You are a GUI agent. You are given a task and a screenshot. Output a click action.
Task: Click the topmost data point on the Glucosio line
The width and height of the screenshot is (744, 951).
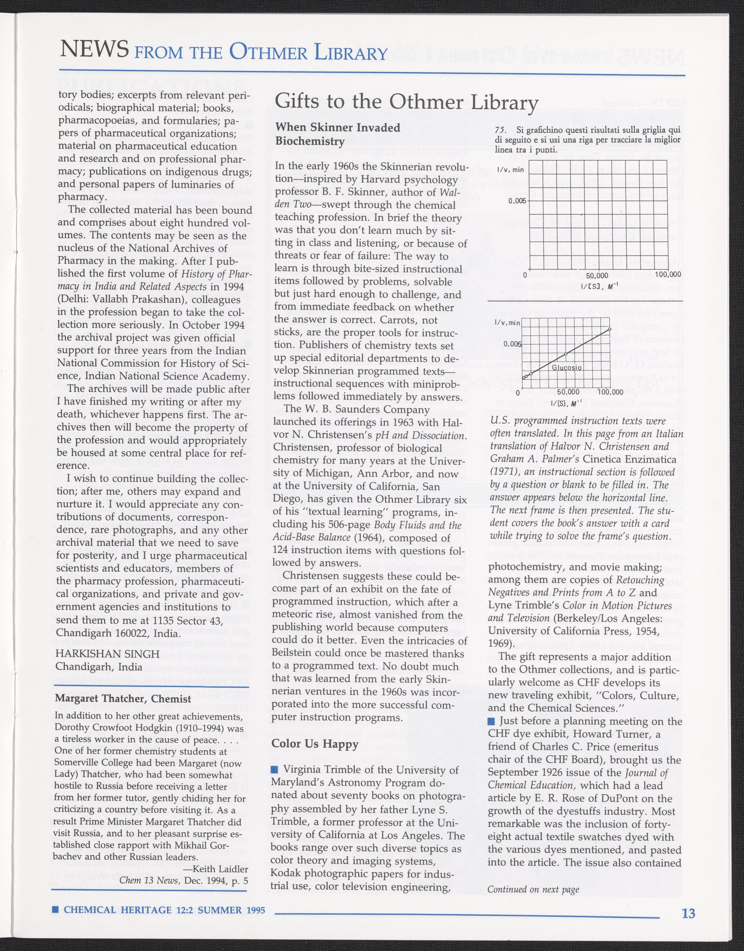[x=609, y=329]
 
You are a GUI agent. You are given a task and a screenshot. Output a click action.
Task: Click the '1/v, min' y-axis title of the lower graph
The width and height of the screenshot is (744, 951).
[x=507, y=323]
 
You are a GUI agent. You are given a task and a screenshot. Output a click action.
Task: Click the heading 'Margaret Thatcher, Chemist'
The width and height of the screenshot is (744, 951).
[x=123, y=699]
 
